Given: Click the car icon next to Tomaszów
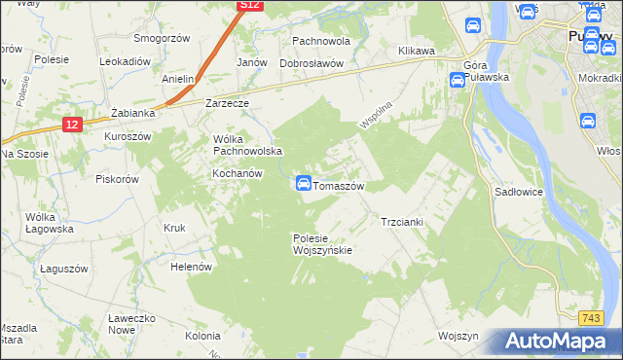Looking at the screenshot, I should pos(303,183).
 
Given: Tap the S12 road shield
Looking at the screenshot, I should pos(249,5).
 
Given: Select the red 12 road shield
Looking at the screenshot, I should pos(73,125).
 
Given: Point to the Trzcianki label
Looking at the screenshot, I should pos(401,221).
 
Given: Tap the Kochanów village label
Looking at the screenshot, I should pos(238,173).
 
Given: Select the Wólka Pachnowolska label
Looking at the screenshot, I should pos(247,145).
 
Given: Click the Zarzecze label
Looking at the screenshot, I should pos(228,102).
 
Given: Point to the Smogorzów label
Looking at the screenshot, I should pos(162,40).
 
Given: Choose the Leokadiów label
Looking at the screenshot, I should pos(125,60).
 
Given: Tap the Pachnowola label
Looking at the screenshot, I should pos(320,42).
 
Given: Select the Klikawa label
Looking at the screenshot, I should pos(416,51).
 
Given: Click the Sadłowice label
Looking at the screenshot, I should pos(521,193).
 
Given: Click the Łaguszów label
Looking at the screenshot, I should pos(64,268).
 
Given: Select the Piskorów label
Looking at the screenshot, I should pos(118,178).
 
